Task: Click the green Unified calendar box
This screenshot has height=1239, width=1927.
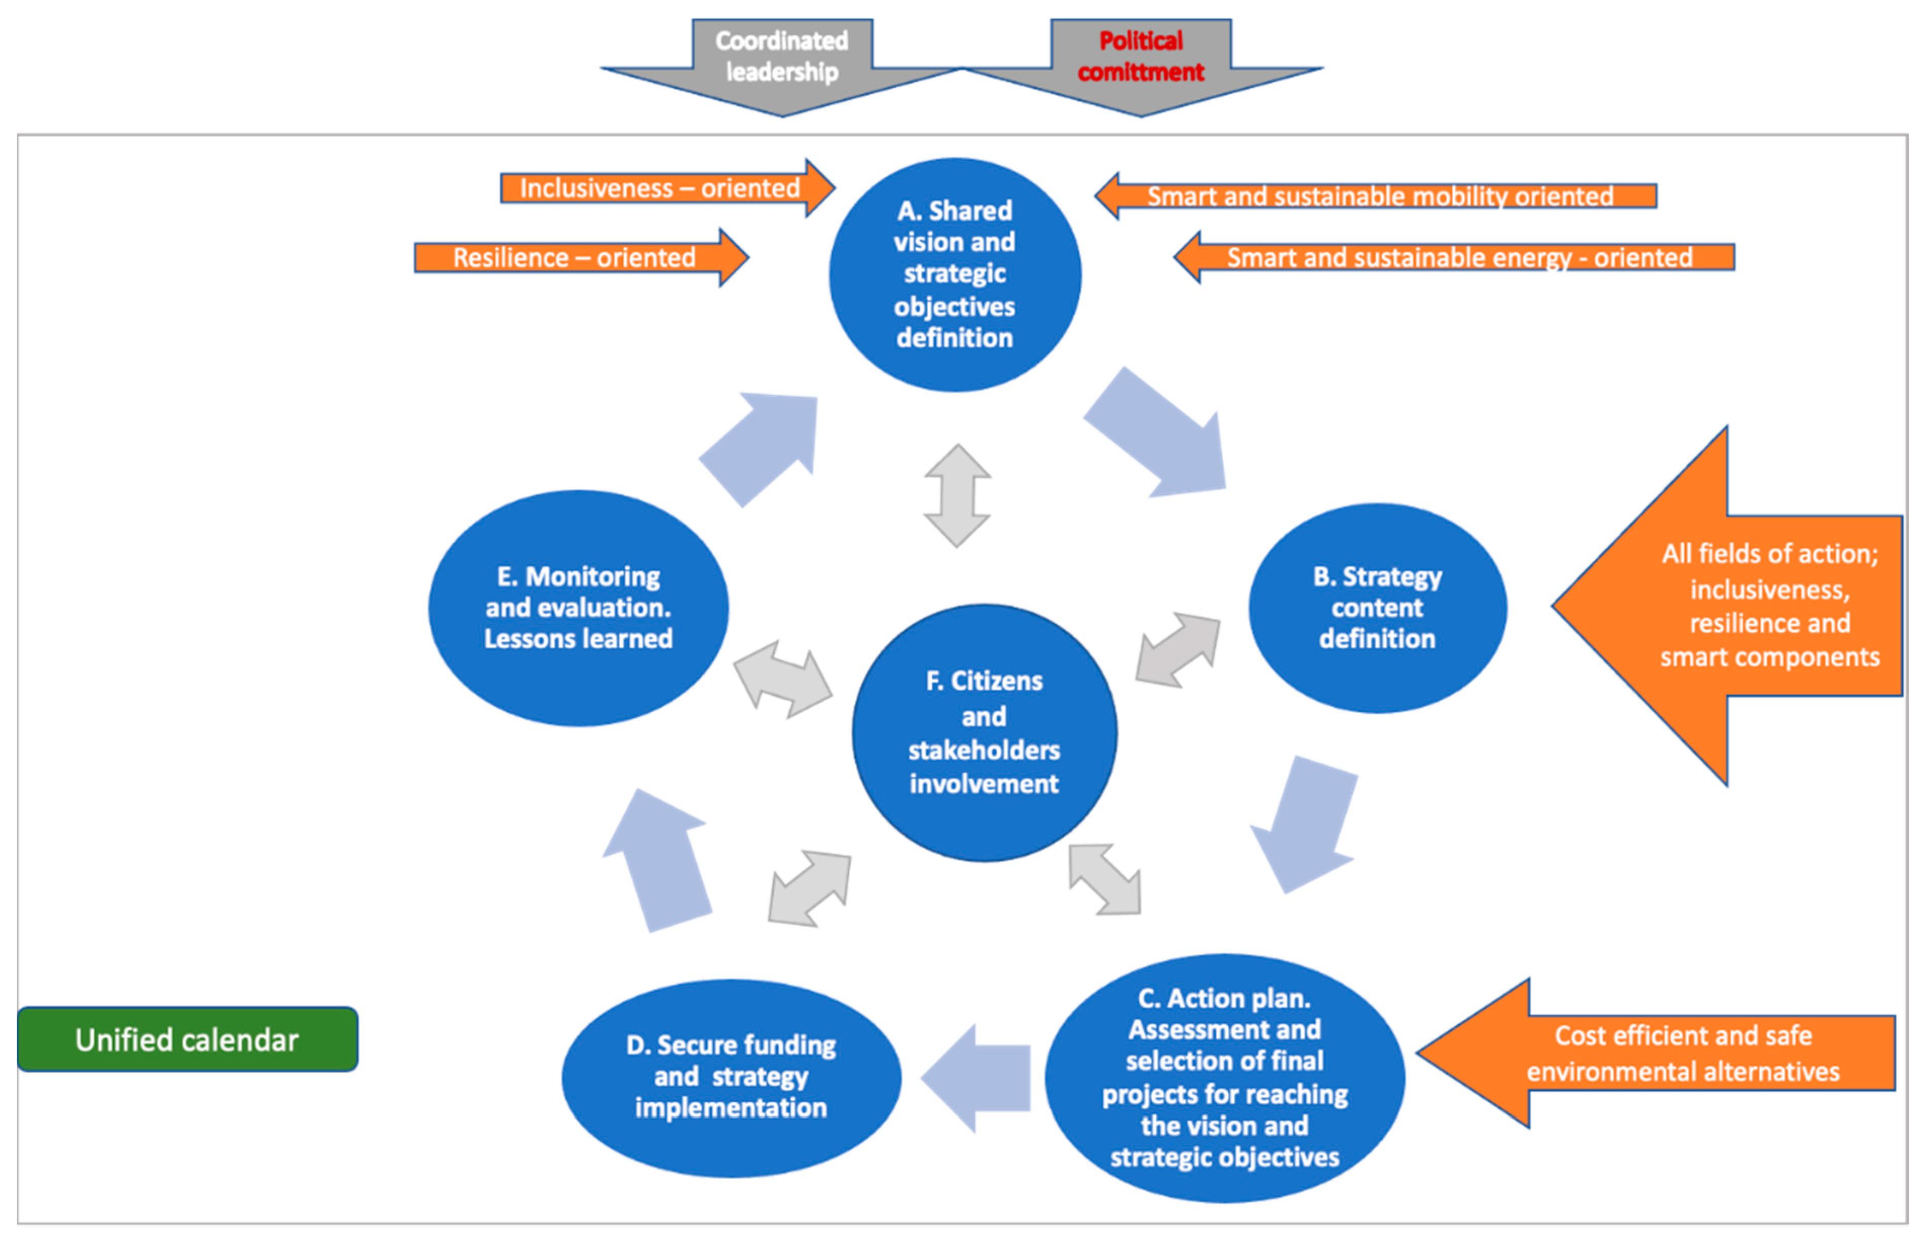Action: point(187,1039)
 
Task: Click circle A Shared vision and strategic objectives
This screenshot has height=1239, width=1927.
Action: point(955,275)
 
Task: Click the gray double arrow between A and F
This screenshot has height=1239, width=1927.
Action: point(957,495)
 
